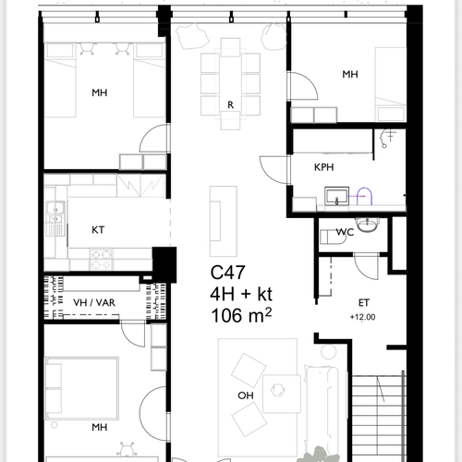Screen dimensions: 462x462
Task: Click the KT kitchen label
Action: (x=98, y=230)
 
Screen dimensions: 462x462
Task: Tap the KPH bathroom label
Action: (x=323, y=167)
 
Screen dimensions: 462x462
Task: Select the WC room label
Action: (x=345, y=232)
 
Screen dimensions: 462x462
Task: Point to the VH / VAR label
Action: (x=94, y=303)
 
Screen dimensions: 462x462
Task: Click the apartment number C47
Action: (x=227, y=273)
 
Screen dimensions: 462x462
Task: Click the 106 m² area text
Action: (x=241, y=316)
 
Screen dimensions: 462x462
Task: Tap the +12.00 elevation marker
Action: (x=362, y=317)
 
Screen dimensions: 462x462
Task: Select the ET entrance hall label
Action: (x=364, y=303)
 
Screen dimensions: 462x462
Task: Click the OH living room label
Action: (x=246, y=395)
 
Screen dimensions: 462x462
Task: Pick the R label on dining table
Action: (x=230, y=105)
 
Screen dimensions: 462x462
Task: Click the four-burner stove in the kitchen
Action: (x=102, y=260)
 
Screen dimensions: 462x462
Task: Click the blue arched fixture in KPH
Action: (x=364, y=196)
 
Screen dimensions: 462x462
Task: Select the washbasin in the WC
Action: (x=367, y=225)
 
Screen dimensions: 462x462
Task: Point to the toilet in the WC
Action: (x=332, y=237)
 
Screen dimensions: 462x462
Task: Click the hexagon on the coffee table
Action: (x=277, y=390)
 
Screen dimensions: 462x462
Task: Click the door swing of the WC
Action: (x=366, y=266)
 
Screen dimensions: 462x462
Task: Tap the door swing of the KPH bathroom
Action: (x=274, y=170)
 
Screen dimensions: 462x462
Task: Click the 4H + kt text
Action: (x=241, y=294)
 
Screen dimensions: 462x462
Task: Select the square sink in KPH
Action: (x=337, y=196)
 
